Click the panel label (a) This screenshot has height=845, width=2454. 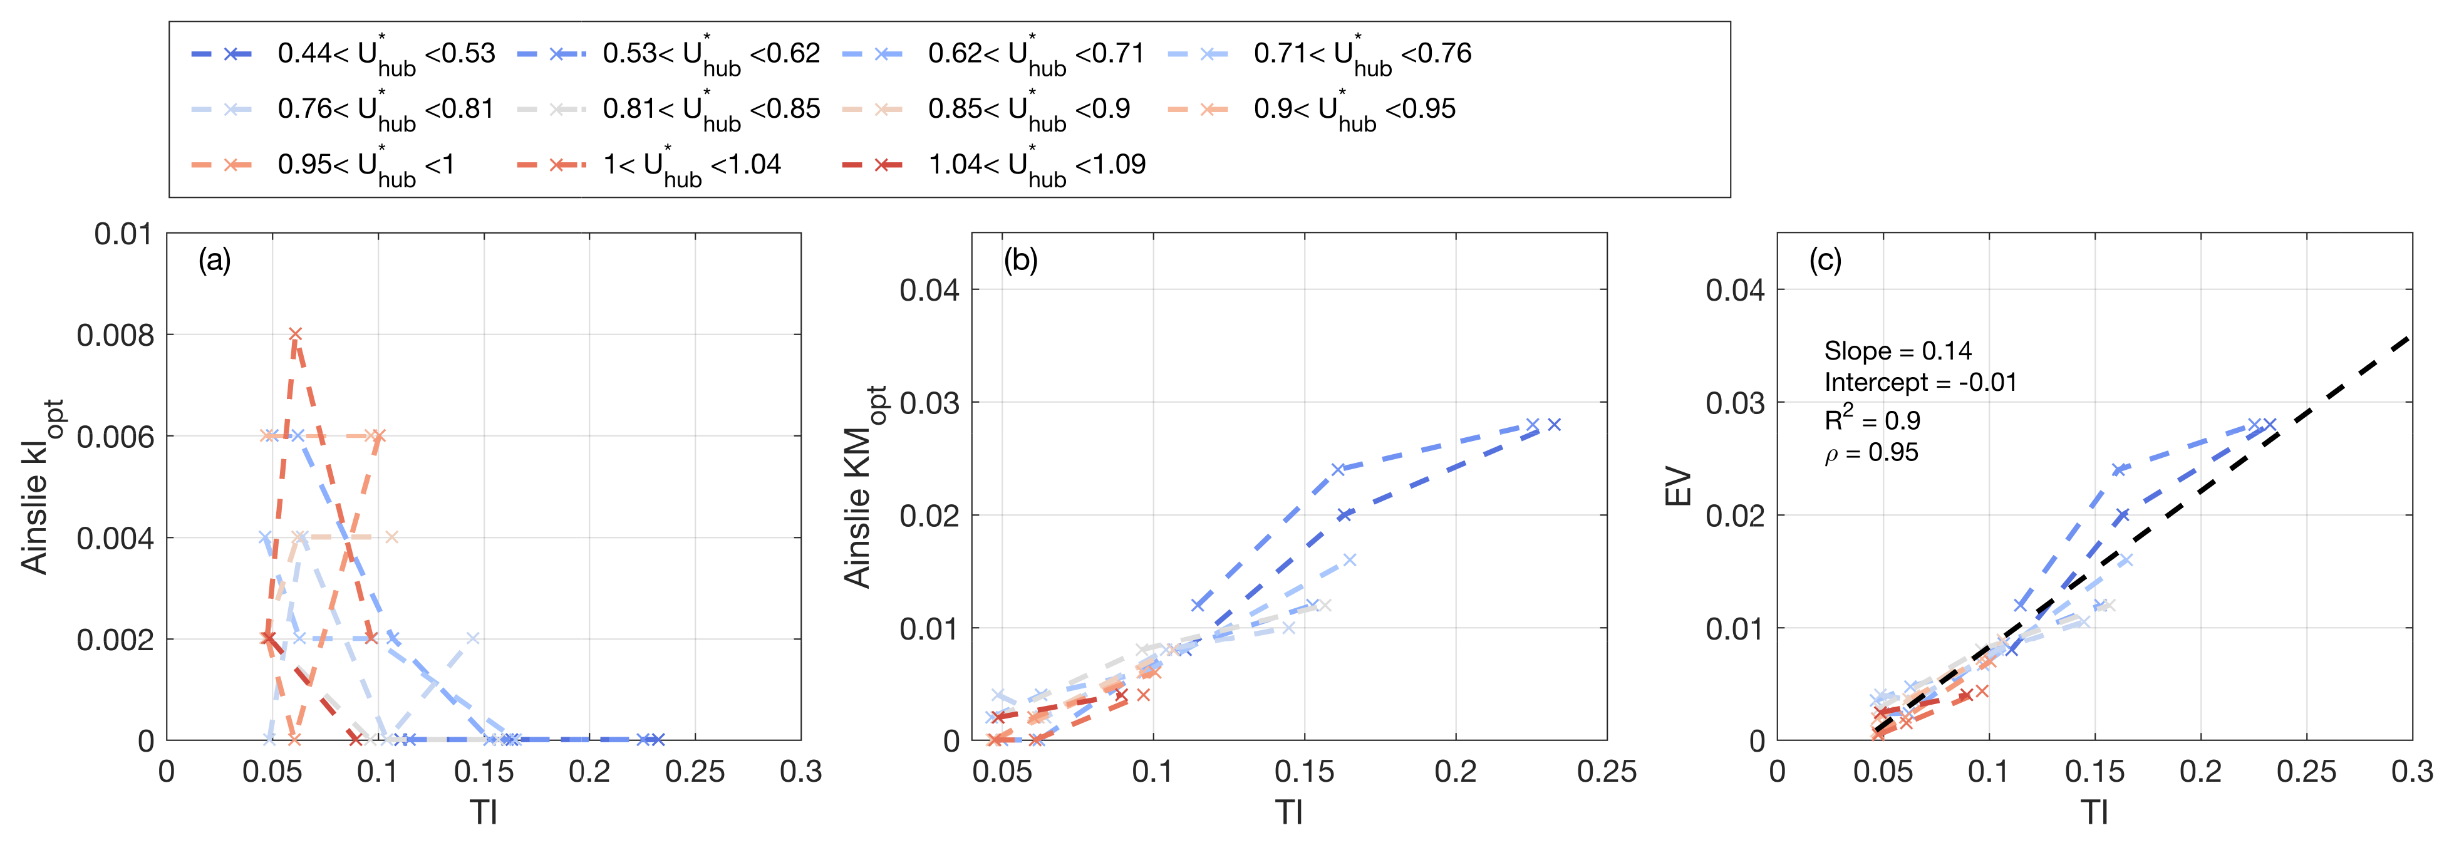tap(214, 260)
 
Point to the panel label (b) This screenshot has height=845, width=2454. tap(1020, 260)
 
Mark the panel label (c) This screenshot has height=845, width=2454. tap(1825, 260)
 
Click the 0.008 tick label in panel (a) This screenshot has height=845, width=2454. tap(115, 335)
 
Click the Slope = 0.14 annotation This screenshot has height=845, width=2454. tap(1897, 351)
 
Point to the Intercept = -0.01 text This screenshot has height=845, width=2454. tap(1920, 383)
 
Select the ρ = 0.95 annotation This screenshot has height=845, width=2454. tap(1871, 452)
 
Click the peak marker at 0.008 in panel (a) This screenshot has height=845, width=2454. tap(295, 334)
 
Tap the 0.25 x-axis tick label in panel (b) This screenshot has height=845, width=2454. tap(1606, 772)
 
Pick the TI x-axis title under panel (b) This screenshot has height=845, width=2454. tap(1289, 812)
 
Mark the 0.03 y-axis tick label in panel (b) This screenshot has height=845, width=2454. tap(929, 403)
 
